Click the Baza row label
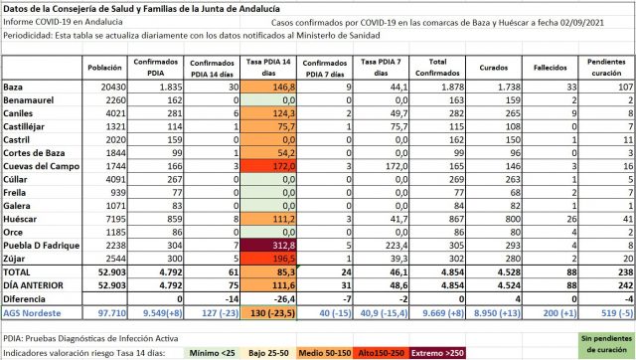(x=15, y=88)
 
